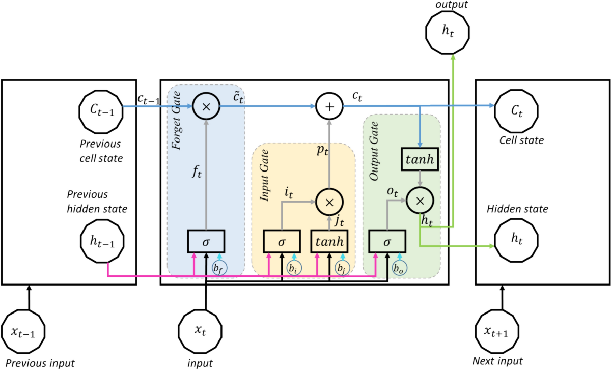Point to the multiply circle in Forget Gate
pos(206,106)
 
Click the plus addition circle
pos(329,106)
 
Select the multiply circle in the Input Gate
pos(329,201)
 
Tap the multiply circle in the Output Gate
pos(420,201)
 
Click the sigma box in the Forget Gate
pos(206,242)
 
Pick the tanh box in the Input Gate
pos(329,242)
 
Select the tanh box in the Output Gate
pos(420,159)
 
